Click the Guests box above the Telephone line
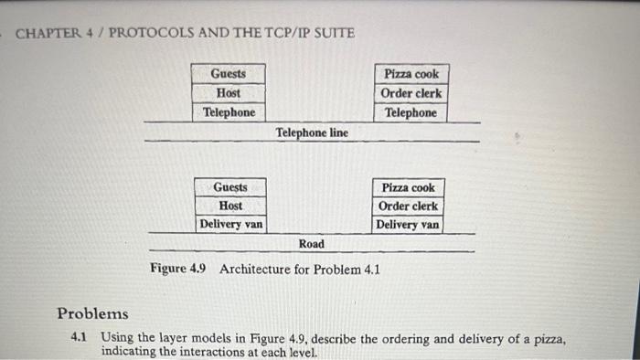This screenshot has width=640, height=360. pos(228,73)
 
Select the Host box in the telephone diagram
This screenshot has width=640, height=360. pos(228,92)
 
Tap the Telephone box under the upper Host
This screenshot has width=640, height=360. pos(228,112)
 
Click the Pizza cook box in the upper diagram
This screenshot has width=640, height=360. pos(411,73)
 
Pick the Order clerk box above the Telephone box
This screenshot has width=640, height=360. pos(411,92)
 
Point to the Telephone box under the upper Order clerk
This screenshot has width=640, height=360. pos(411,112)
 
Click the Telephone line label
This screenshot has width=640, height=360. pos(312,132)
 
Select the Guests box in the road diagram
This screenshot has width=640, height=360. pos(229,187)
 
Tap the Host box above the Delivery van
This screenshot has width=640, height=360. pos(229,206)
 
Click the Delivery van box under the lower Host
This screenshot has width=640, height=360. pos(230,224)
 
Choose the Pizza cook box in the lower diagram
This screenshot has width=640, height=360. pos(409,187)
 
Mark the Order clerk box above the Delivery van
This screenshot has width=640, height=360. pos(409,206)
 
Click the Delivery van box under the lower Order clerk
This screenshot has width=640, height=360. pos(408,224)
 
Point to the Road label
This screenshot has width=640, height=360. pos(311,244)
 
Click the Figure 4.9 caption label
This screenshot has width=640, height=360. pos(179,270)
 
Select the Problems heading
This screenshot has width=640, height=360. pos(92,313)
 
